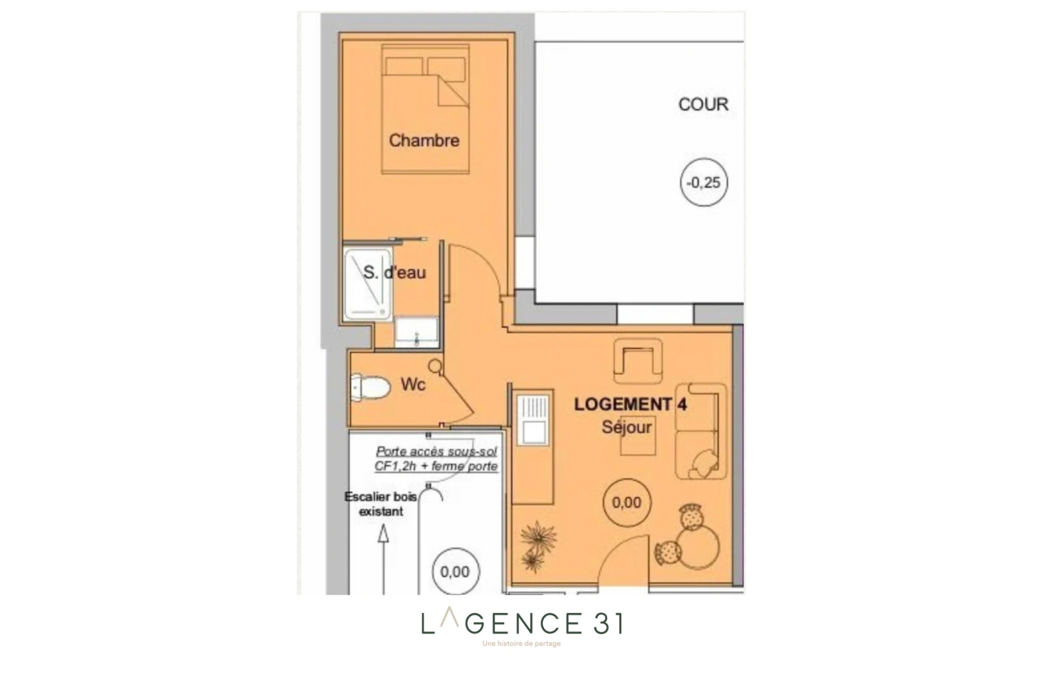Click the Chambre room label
[x=424, y=140]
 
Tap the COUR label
[x=703, y=104]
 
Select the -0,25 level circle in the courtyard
[x=704, y=182]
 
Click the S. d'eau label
[x=394, y=273]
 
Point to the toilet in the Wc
[x=371, y=387]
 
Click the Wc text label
[x=413, y=385]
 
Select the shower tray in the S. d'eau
[x=368, y=284]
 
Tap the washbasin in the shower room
[x=416, y=332]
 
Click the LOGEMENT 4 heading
[x=630, y=405]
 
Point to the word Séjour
[x=626, y=427]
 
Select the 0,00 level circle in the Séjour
[x=626, y=503]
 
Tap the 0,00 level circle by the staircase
[x=455, y=572]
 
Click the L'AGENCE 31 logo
[x=521, y=624]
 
